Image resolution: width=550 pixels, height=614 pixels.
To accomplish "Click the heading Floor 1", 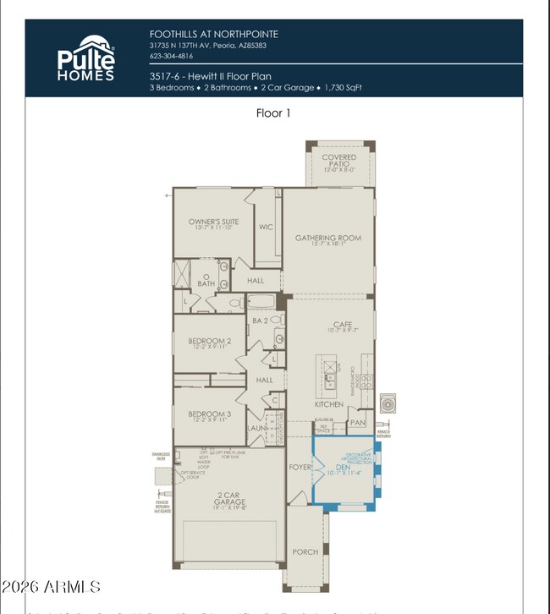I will pyautogui.click(x=273, y=112).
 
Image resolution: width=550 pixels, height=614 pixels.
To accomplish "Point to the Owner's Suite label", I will pyautogui.click(x=213, y=222).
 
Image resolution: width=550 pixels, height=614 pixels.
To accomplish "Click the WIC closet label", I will pyautogui.click(x=267, y=227).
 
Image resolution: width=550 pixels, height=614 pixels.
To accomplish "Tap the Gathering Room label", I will pyautogui.click(x=327, y=238).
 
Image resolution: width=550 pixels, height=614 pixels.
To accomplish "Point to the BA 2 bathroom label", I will pyautogui.click(x=260, y=321).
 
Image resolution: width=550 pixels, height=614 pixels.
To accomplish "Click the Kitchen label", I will pyautogui.click(x=329, y=404).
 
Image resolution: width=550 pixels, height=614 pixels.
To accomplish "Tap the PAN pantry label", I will pyautogui.click(x=357, y=422).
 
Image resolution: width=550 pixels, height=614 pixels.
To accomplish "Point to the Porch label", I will pyautogui.click(x=305, y=552).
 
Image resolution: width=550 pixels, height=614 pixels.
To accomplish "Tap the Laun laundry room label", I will pyautogui.click(x=257, y=428).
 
